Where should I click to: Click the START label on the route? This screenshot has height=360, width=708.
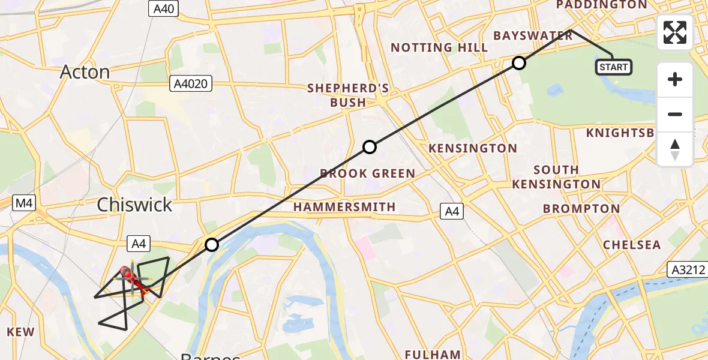tap(613, 67)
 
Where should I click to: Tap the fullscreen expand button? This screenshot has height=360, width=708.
tap(675, 32)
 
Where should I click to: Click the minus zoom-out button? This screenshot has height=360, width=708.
tap(675, 115)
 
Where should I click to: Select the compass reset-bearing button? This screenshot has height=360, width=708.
tap(675, 149)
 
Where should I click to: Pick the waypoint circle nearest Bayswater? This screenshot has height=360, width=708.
tap(519, 63)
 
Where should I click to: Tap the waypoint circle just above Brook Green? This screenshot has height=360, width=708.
tap(370, 147)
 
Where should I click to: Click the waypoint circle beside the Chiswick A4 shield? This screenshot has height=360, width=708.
tap(212, 245)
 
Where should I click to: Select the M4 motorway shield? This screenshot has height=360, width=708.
tap(24, 203)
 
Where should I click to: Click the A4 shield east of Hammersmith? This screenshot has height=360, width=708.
tap(452, 211)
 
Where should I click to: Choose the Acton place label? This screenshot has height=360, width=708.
tap(85, 72)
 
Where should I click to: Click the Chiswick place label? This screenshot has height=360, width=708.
tap(134, 205)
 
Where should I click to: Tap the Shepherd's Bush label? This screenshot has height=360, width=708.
tap(348, 95)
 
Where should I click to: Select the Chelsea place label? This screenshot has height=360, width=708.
tap(632, 245)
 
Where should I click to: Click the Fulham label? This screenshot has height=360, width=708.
tap(433, 354)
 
